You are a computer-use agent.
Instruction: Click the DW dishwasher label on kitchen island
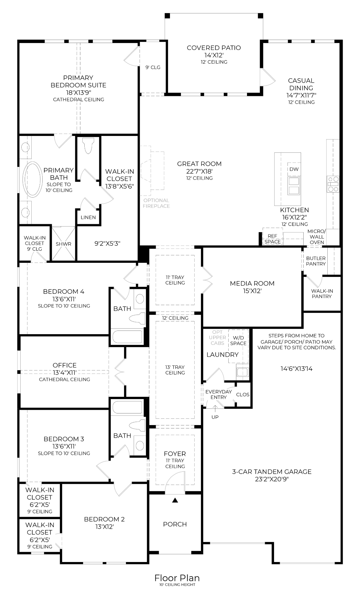point(294,169)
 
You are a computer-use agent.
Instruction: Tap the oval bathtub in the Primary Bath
point(32,179)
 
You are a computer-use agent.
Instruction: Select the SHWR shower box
point(63,244)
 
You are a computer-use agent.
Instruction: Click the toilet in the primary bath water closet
point(88,146)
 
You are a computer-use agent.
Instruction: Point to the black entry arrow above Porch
point(175,500)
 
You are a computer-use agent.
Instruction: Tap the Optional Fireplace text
point(156,203)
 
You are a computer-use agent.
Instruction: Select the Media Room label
point(252,284)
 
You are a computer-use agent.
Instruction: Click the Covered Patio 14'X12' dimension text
point(214,55)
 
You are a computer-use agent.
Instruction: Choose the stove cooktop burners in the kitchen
point(333,184)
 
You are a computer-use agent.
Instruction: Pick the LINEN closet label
point(88,217)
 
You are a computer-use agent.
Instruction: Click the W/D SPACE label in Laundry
point(238,340)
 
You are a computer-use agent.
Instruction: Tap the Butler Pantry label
point(316,261)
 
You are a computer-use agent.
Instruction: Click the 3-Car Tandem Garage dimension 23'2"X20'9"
point(272,479)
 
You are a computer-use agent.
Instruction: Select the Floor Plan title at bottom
point(177,578)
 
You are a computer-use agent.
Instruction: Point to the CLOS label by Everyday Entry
point(243,394)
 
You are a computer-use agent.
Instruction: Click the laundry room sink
point(242,372)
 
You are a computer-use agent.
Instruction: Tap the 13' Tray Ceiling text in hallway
point(175,370)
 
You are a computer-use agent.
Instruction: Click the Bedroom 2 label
point(104,519)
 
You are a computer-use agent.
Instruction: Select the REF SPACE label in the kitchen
point(272,239)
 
